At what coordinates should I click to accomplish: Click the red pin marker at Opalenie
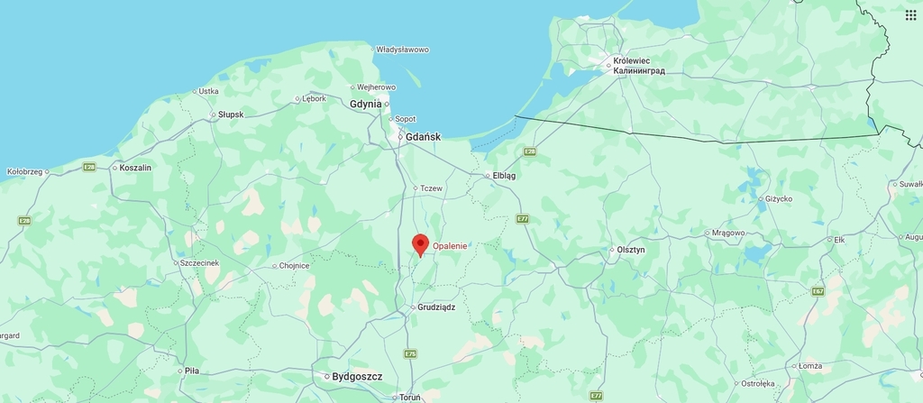pyautogui.click(x=420, y=244)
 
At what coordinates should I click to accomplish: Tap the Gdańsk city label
pyautogui.click(x=423, y=137)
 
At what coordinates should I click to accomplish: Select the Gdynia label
pyautogui.click(x=366, y=104)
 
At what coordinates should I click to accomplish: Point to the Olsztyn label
pyautogui.click(x=630, y=250)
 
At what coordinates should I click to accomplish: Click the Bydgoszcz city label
pyautogui.click(x=357, y=376)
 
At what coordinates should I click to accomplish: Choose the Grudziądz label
pyautogui.click(x=436, y=307)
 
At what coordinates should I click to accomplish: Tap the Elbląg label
pyautogui.click(x=504, y=176)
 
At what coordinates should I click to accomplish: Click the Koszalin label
pyautogui.click(x=135, y=168)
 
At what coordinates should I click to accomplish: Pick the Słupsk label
pyautogui.click(x=231, y=114)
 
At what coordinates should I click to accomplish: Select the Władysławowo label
pyautogui.click(x=402, y=50)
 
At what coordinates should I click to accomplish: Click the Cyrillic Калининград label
pyautogui.click(x=638, y=70)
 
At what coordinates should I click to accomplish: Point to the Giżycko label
pyautogui.click(x=778, y=198)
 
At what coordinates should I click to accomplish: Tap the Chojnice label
pyautogui.click(x=294, y=266)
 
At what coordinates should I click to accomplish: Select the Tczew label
pyautogui.click(x=432, y=188)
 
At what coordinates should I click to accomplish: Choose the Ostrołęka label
pyautogui.click(x=757, y=384)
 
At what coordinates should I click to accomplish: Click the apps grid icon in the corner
pyautogui.click(x=910, y=14)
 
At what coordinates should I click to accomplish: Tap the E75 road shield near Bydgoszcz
pyautogui.click(x=411, y=353)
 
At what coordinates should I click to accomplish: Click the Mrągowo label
pyautogui.click(x=728, y=233)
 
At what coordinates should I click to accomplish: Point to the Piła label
pyautogui.click(x=191, y=371)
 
